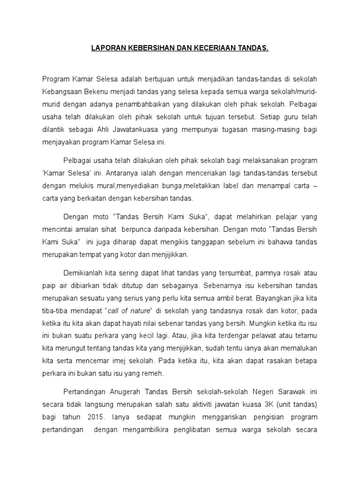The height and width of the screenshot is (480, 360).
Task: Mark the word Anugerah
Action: pyautogui.click(x=123, y=391)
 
